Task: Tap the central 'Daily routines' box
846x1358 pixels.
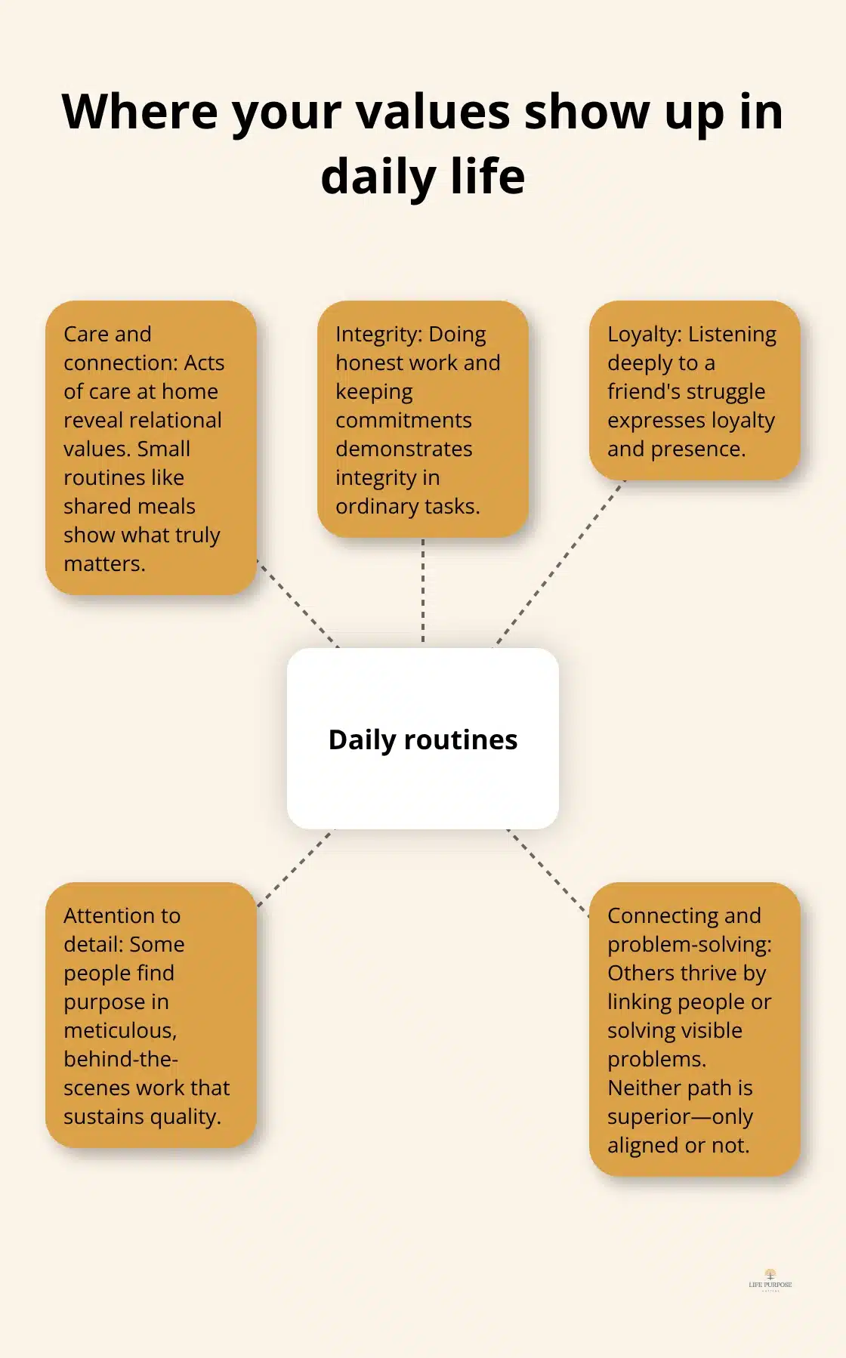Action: click(423, 739)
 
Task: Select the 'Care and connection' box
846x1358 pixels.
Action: click(151, 448)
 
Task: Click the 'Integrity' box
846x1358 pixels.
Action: click(423, 419)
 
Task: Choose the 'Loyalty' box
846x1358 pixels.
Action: click(695, 390)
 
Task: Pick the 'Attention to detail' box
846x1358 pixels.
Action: click(151, 1015)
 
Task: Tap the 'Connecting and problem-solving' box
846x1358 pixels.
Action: click(695, 1029)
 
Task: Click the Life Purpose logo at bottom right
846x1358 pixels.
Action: click(770, 1280)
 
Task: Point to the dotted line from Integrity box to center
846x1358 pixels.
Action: click(423, 592)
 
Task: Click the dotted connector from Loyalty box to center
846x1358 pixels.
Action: click(560, 563)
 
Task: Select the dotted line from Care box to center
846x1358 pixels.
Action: click(298, 603)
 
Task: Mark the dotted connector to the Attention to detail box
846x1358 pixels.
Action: click(295, 868)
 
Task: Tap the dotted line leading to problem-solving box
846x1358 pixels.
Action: click(548, 872)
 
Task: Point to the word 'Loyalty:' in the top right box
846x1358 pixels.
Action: click(644, 335)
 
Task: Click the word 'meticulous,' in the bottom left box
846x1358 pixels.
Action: click(120, 1031)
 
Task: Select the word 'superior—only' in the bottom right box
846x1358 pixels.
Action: click(680, 1117)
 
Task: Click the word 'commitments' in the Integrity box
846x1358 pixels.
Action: click(403, 421)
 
